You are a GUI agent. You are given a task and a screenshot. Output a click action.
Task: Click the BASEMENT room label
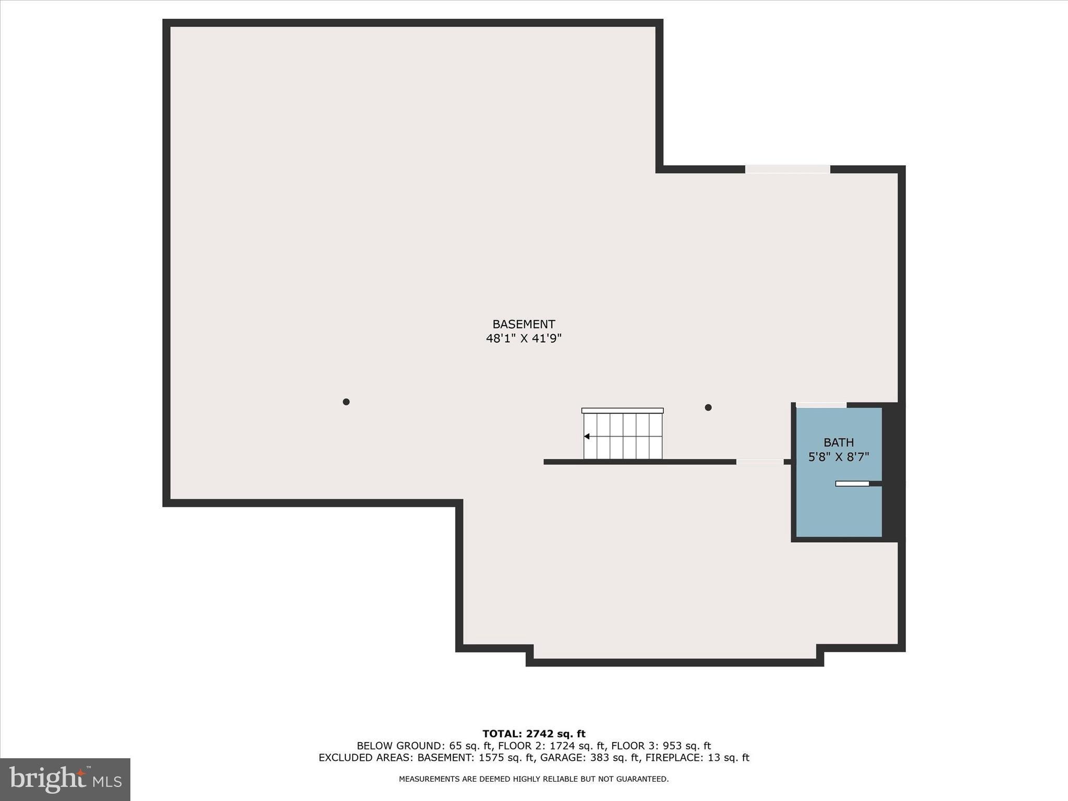pyautogui.click(x=524, y=324)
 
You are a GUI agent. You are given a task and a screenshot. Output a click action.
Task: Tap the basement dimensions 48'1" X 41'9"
pyautogui.click(x=524, y=338)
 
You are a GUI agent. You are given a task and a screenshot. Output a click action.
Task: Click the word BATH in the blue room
pyautogui.click(x=839, y=443)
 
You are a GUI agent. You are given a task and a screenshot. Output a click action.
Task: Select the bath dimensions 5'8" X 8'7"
pyautogui.click(x=839, y=457)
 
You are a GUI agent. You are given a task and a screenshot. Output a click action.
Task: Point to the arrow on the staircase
pyautogui.click(x=587, y=436)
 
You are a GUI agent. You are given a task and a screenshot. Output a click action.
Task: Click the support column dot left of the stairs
pyautogui.click(x=346, y=402)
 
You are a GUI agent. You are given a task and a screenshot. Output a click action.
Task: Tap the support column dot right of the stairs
pyautogui.click(x=708, y=407)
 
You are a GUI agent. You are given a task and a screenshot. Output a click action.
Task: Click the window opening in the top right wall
pyautogui.click(x=787, y=169)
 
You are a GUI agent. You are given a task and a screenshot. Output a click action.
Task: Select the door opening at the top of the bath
pyautogui.click(x=821, y=405)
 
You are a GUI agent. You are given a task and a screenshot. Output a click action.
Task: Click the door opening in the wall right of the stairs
pyautogui.click(x=760, y=462)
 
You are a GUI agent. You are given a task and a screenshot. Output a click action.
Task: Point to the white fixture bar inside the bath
pyautogui.click(x=852, y=483)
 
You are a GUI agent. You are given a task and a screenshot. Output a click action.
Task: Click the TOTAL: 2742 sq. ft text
pyautogui.click(x=534, y=734)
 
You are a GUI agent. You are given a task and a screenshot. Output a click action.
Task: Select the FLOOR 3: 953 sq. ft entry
pyautogui.click(x=661, y=746)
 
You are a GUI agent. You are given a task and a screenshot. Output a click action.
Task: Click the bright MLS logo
pyautogui.click(x=65, y=779)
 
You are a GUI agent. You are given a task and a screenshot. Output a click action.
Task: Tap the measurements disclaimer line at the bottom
pyautogui.click(x=534, y=779)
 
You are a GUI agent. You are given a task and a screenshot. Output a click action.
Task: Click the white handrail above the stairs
pyautogui.click(x=623, y=410)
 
